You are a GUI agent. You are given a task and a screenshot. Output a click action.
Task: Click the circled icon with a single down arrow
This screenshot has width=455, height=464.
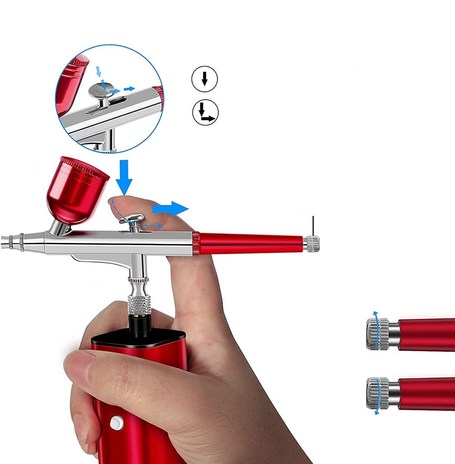point(204,80)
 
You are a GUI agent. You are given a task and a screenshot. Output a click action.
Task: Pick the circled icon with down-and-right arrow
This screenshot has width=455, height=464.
point(206,112)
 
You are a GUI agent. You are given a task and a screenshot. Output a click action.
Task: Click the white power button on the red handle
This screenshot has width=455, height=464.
point(117,423)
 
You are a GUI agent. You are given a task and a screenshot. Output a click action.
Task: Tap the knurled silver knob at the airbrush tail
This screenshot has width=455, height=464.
point(312,244)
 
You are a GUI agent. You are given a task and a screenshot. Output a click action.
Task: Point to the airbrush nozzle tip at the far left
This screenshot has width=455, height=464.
point(4,242)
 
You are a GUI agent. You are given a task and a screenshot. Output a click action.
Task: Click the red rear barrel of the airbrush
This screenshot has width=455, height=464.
point(250,243)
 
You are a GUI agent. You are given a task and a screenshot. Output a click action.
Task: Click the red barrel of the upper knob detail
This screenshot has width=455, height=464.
point(428,334)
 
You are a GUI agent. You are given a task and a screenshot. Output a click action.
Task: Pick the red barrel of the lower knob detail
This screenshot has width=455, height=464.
point(428,393)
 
